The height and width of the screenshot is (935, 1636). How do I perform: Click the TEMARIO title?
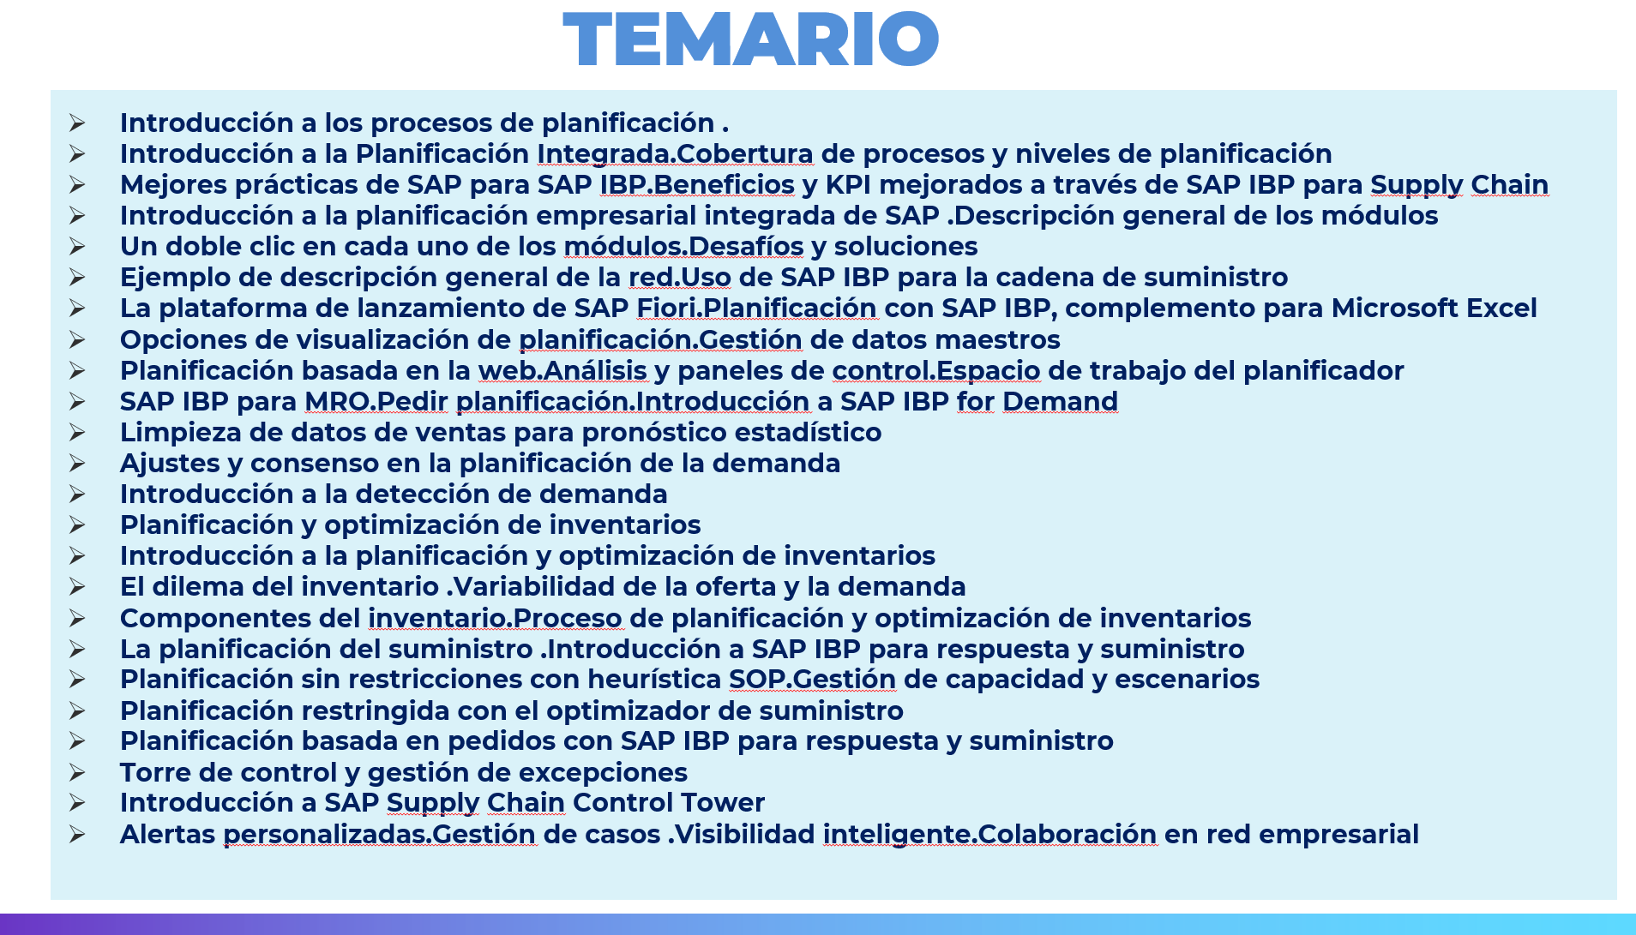pyautogui.click(x=751, y=39)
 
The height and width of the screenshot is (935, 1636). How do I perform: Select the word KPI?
pyautogui.click(x=848, y=184)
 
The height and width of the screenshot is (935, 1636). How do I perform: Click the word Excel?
pyautogui.click(x=1501, y=308)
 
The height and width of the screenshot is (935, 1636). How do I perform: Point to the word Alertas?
pyautogui.click(x=167, y=835)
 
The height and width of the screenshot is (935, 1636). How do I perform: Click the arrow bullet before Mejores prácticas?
pyautogui.click(x=77, y=185)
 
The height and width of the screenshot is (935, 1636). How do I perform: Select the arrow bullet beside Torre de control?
pyautogui.click(x=77, y=773)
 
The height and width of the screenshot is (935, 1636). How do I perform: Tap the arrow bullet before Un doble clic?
pyautogui.click(x=77, y=247)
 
